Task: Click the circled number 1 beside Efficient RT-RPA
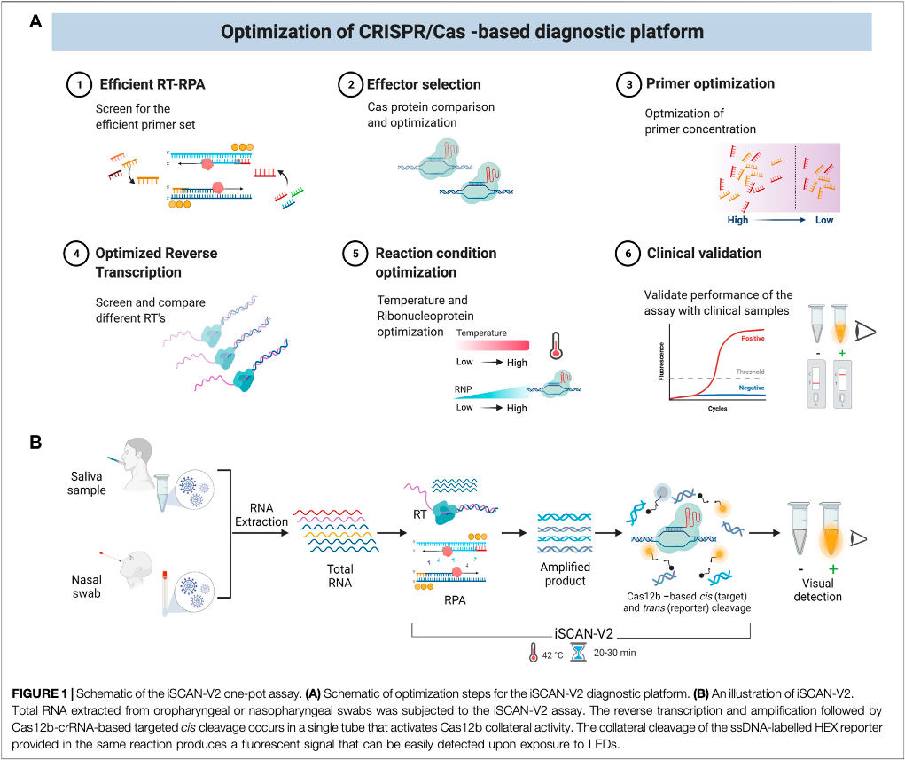[80, 85]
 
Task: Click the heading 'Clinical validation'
[704, 253]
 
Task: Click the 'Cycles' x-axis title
[719, 411]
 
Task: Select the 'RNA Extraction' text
[262, 515]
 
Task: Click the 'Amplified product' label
[566, 574]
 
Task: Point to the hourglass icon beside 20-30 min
[578, 653]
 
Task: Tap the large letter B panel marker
[36, 441]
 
